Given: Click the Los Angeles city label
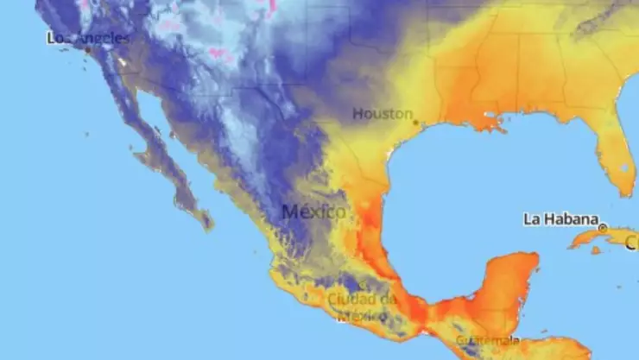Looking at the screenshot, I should (x=90, y=38).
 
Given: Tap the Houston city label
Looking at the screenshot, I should (x=383, y=113).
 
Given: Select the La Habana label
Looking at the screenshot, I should (x=560, y=218).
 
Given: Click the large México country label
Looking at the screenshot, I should (x=314, y=212).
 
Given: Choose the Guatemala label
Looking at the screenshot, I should (x=488, y=340).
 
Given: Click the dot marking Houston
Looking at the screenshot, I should (x=415, y=123).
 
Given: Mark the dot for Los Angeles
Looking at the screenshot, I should (x=87, y=49).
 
